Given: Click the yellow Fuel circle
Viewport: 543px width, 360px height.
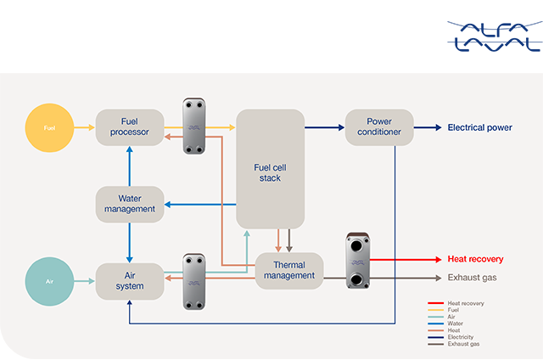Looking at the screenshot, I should (49, 128).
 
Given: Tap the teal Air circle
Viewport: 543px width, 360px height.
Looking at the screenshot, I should (49, 278).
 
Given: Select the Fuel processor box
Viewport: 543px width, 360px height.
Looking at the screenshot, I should (129, 127).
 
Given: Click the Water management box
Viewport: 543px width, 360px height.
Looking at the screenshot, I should (129, 204).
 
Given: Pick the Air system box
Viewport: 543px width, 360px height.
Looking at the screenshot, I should (129, 279).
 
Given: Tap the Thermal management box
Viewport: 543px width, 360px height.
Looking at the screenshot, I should (288, 269).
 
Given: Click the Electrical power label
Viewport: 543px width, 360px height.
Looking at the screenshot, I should (479, 128).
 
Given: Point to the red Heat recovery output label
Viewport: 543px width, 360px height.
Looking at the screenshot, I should (474, 259).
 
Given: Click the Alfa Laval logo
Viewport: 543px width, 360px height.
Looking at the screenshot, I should (492, 36).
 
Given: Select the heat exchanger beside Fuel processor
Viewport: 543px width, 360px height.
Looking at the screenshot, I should (194, 127).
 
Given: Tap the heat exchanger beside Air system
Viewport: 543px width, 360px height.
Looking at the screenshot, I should (194, 281).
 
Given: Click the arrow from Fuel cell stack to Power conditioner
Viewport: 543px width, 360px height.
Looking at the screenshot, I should (322, 128).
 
